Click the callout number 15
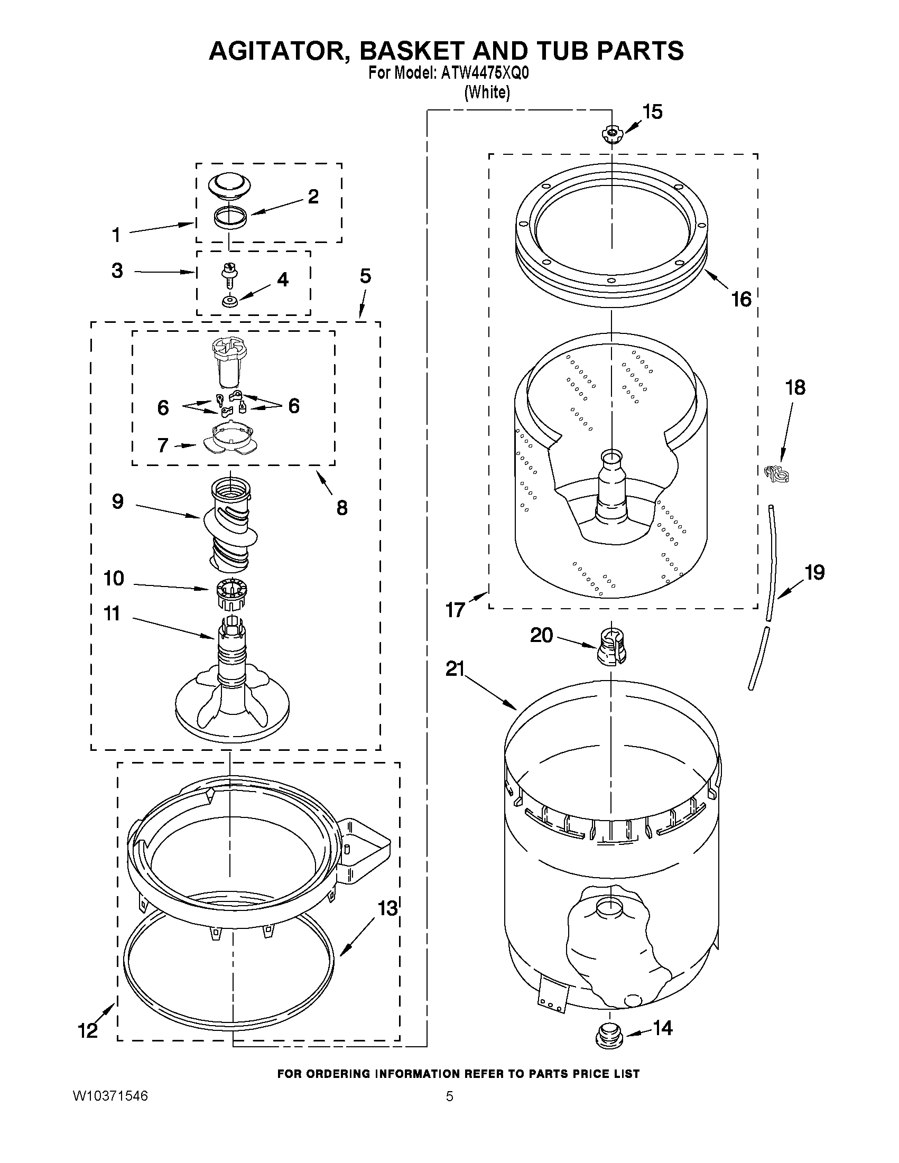[x=652, y=113]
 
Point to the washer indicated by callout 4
[x=229, y=302]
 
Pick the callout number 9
[x=118, y=501]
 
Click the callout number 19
[x=814, y=572]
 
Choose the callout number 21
[x=456, y=668]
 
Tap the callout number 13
[x=388, y=908]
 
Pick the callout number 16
[x=741, y=299]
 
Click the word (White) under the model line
[x=487, y=92]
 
